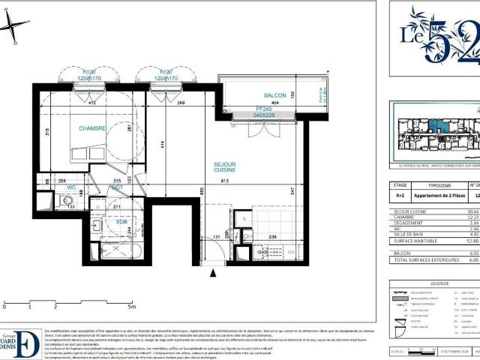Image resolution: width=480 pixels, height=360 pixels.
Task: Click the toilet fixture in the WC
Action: (65, 202)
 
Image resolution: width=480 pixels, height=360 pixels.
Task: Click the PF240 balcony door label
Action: (262, 109)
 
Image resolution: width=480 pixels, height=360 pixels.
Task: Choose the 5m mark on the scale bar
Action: (132, 307)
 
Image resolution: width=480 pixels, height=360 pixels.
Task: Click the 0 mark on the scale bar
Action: (4, 307)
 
